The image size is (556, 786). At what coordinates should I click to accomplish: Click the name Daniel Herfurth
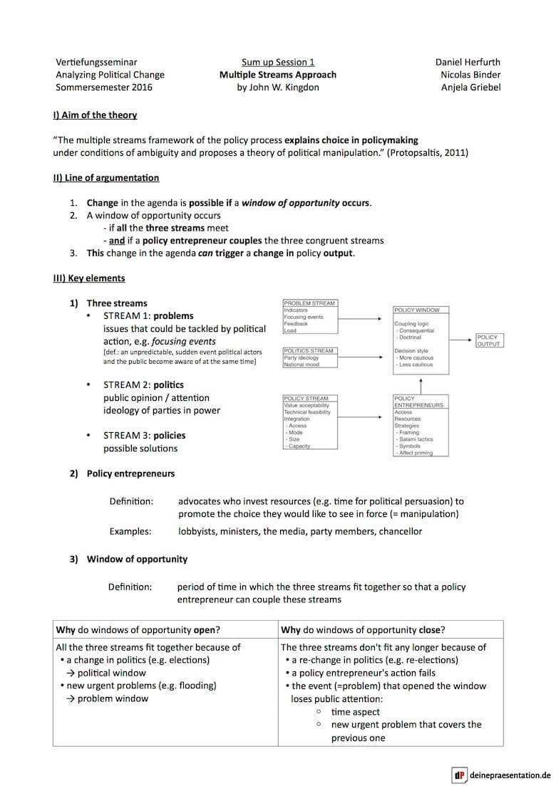(x=468, y=62)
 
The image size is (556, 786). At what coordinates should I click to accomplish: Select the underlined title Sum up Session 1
(x=278, y=62)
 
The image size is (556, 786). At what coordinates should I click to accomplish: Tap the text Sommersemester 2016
(x=104, y=88)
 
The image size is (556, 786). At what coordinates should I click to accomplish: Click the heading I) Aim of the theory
(x=95, y=115)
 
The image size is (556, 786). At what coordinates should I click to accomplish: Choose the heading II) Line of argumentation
(x=106, y=177)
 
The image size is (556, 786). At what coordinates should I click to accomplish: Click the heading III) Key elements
(x=89, y=278)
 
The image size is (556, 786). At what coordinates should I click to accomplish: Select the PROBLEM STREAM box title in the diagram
(x=309, y=303)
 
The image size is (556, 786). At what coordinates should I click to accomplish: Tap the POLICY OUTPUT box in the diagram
(x=488, y=340)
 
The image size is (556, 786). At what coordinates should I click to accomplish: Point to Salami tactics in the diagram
(x=416, y=439)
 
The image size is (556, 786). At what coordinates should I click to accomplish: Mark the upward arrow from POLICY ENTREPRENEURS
(x=421, y=384)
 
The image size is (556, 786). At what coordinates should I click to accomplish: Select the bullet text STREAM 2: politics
(x=143, y=384)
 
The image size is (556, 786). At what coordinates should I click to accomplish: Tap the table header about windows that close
(x=363, y=629)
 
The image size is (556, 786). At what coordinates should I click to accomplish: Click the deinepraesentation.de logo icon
(x=459, y=775)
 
